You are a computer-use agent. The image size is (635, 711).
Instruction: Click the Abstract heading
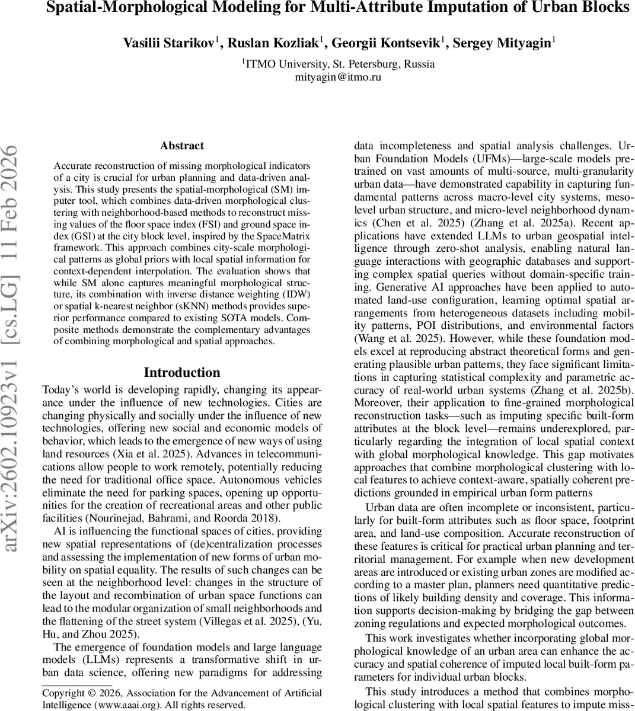coord(181,146)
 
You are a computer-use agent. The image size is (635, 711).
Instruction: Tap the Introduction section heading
coord(181,373)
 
